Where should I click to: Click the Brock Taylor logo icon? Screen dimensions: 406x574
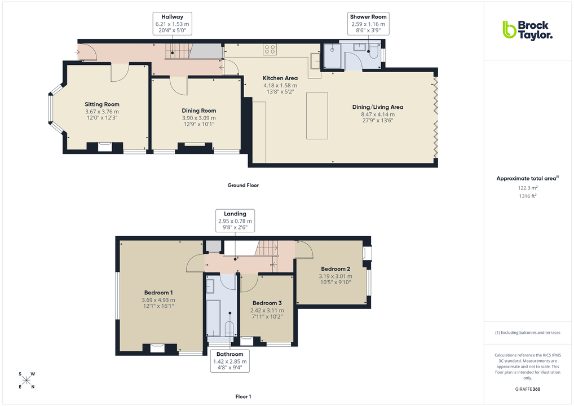tap(509, 29)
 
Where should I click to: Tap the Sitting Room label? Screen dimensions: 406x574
tap(102, 104)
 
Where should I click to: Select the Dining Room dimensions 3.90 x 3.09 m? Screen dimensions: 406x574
tap(198, 118)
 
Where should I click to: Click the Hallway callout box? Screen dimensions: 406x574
tap(173, 25)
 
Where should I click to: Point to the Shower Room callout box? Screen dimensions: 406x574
tap(368, 25)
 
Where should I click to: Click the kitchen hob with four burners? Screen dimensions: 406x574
tap(270, 50)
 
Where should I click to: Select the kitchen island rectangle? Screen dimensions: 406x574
tap(317, 116)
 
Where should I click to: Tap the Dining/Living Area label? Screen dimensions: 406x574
tap(377, 107)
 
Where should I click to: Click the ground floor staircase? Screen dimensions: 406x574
tap(176, 52)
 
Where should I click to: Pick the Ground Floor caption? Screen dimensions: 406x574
tap(243, 185)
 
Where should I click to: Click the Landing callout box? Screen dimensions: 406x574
tap(235, 221)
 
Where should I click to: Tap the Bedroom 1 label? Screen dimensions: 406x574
tap(158, 293)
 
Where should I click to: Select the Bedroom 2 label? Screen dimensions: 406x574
tap(335, 269)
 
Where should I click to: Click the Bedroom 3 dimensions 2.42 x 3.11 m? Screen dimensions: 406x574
tap(267, 310)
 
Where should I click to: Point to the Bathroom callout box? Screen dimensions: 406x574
tap(228, 361)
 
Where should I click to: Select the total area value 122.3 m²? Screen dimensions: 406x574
tap(527, 188)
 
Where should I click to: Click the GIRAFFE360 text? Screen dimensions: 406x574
tap(527, 389)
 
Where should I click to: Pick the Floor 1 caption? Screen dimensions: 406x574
tap(243, 397)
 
